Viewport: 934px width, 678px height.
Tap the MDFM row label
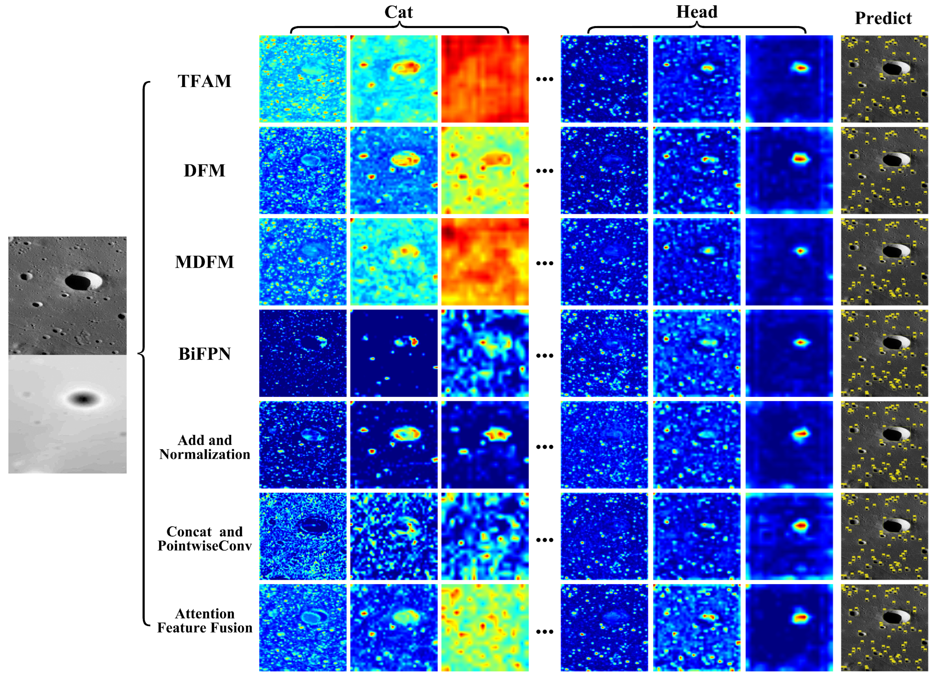204,262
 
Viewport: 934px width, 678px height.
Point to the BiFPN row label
204,354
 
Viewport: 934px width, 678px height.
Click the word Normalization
205,454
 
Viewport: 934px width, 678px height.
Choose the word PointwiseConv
205,545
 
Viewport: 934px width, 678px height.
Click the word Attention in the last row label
205,614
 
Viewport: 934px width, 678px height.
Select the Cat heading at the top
398,12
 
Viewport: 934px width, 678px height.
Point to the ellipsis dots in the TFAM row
545,79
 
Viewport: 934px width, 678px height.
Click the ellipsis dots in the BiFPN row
545,355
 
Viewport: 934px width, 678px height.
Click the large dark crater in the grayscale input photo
78,282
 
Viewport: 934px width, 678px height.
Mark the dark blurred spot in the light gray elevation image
84,399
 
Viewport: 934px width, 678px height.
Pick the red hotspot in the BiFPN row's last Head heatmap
801,342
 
